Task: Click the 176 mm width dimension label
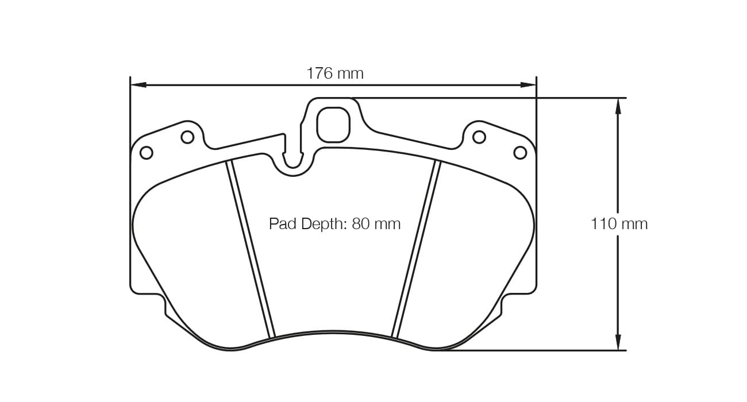[x=334, y=74]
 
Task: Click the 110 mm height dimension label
[x=619, y=224]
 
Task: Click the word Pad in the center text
[x=282, y=223]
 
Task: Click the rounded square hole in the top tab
[x=333, y=125]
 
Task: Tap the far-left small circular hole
[x=147, y=153]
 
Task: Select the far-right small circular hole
[x=520, y=153]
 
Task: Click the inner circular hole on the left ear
[x=187, y=137]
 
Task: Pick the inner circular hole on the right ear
[x=479, y=137]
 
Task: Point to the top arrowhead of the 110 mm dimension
[x=618, y=106]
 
